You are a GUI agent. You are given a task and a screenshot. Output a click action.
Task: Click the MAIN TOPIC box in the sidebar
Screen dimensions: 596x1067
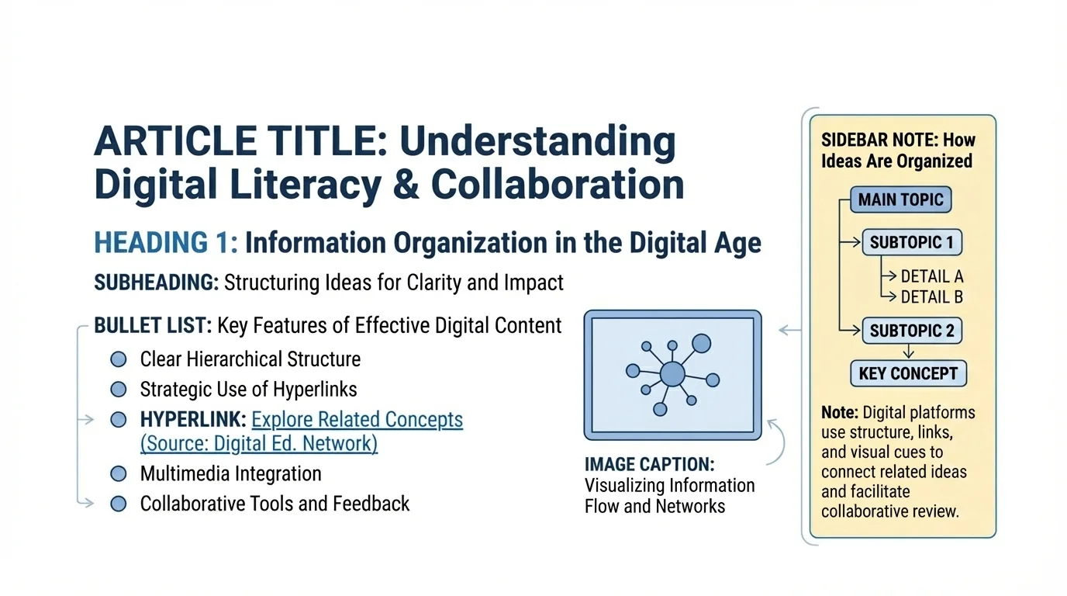tap(900, 200)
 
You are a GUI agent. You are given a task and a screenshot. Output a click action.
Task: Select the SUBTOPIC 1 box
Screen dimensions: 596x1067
tap(911, 242)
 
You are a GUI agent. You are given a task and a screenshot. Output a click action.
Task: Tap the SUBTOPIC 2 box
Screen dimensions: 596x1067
tap(911, 331)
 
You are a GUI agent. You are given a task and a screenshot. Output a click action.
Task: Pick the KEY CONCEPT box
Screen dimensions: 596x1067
tap(908, 373)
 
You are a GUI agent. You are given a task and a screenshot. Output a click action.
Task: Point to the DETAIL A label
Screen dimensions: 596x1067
tap(931, 276)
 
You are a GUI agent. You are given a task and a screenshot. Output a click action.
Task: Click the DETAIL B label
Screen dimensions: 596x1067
tap(931, 296)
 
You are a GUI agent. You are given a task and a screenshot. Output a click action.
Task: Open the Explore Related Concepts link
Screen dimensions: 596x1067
tap(357, 420)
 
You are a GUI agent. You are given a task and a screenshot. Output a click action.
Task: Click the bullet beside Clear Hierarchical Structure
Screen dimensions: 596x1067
tap(119, 359)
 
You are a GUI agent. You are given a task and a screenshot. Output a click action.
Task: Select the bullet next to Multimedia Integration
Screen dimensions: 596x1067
tap(119, 473)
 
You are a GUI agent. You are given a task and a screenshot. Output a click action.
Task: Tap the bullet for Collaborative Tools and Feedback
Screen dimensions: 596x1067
tap(119, 504)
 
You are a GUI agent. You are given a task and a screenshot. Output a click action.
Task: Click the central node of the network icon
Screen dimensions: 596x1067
tap(672, 375)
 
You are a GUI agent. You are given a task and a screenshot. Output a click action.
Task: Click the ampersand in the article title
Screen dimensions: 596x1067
tap(406, 184)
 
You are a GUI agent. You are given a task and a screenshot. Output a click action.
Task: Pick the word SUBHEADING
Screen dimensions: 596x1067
tap(155, 282)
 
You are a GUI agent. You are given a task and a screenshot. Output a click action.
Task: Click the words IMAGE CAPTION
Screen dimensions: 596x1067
tap(649, 465)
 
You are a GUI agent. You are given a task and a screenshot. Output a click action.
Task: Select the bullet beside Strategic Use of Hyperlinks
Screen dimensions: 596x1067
tap(119, 389)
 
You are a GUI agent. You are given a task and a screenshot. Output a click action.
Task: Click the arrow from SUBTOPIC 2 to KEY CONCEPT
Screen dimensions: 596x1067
tap(909, 352)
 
